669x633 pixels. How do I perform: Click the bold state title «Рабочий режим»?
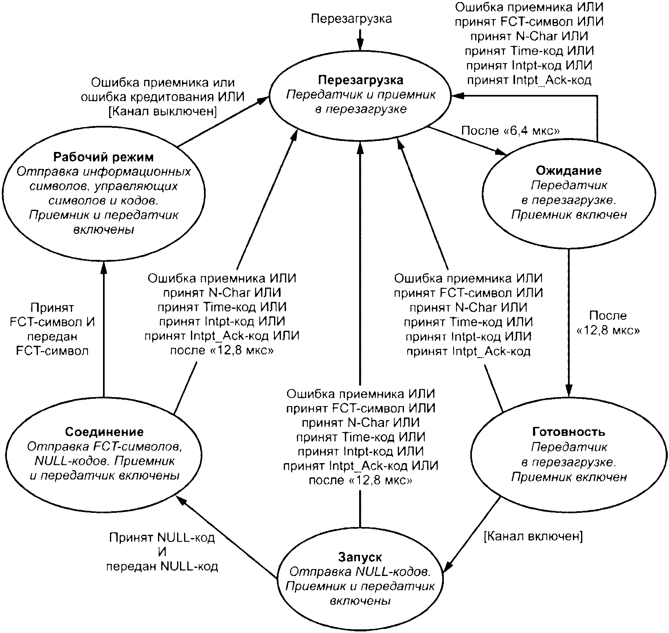[104, 157]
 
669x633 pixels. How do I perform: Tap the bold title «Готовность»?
[568, 432]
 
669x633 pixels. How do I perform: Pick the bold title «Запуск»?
[360, 557]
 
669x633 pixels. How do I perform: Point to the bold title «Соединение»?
[104, 432]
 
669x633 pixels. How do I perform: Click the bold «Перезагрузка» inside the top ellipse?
[361, 79]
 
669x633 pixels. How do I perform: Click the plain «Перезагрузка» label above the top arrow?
[351, 19]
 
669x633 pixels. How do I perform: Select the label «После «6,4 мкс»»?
[511, 131]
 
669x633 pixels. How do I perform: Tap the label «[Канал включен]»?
[533, 536]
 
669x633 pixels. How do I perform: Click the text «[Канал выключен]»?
[163, 111]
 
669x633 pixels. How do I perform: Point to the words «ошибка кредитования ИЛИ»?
[163, 97]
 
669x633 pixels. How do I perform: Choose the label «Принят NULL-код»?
[162, 538]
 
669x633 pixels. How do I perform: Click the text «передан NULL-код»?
[162, 567]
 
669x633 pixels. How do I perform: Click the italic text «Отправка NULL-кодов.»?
[360, 572]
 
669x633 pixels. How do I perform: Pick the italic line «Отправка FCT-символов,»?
[104, 447]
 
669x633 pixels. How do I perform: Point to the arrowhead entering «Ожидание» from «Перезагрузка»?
[502, 152]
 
